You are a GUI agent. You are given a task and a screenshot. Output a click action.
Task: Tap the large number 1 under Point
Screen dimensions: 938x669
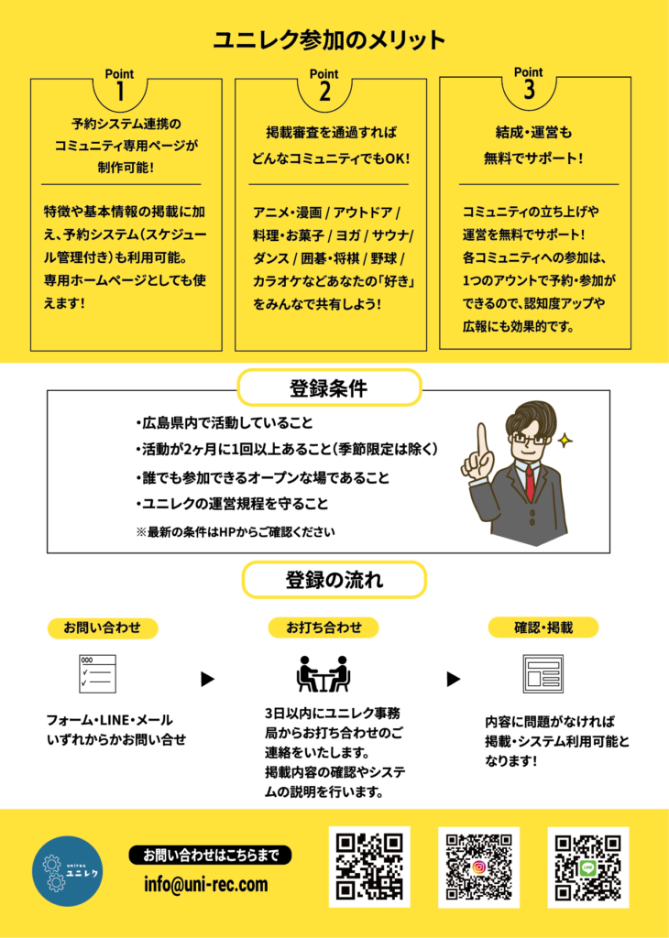coord(119,93)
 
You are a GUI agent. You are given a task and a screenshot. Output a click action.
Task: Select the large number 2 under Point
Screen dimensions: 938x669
coord(324,93)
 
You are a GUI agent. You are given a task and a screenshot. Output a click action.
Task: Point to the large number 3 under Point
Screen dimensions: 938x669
coord(529,90)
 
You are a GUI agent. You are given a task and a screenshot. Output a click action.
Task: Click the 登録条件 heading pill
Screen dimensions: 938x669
coord(329,387)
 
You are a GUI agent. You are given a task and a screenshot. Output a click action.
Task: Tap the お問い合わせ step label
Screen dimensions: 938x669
coord(103,627)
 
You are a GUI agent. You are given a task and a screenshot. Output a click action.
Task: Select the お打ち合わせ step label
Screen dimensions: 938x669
coord(324,627)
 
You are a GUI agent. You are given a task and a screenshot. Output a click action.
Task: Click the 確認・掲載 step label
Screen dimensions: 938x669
coord(543,627)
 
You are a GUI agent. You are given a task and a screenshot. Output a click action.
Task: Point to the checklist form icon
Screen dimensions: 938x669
coord(98,673)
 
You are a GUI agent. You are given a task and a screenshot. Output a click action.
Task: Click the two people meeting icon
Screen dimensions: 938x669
coord(324,674)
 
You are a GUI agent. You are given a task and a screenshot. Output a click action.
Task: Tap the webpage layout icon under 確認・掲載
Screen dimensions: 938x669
coord(543,674)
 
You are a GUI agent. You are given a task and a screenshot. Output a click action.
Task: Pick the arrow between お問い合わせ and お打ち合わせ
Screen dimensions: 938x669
coord(208,679)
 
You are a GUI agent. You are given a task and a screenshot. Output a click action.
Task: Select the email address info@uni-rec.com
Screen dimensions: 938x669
coord(206,884)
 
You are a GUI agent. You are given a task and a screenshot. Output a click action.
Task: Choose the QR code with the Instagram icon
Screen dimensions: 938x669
coord(478,867)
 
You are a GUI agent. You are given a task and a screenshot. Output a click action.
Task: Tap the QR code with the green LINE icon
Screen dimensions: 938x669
coord(587,867)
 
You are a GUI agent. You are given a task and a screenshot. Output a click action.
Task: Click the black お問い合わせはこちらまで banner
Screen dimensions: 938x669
coord(211,855)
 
